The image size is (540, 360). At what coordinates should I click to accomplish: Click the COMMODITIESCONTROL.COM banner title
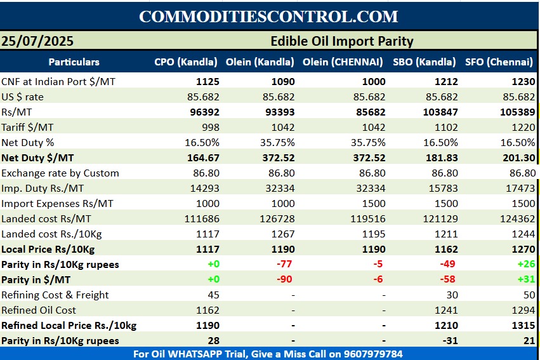pos(268,17)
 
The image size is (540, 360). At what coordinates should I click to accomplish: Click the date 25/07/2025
pos(37,41)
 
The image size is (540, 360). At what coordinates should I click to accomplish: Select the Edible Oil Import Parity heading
pos(341,41)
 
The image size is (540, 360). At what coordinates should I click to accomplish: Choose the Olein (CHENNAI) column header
pos(343,62)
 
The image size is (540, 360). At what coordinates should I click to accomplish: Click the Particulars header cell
pos(74,62)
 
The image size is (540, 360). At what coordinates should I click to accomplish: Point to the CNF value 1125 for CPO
pos(207,81)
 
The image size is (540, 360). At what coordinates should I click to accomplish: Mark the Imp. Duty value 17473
pos(520,188)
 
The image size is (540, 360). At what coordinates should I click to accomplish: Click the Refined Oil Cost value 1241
pos(445,310)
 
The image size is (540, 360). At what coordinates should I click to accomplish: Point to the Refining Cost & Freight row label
pos(55,295)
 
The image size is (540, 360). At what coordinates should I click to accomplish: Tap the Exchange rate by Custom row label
pos(60,173)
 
